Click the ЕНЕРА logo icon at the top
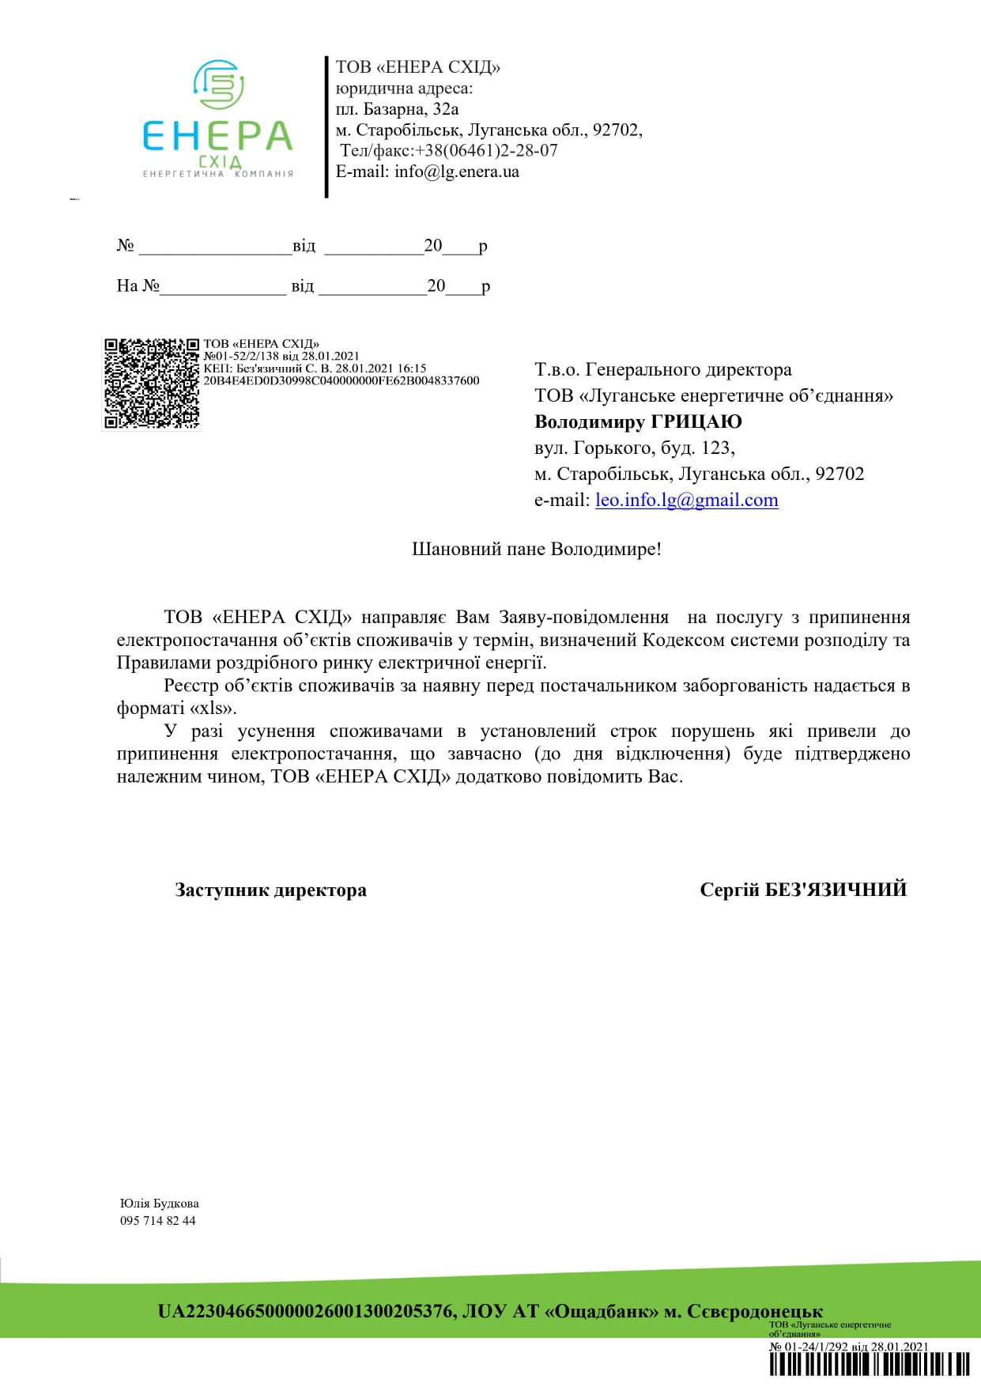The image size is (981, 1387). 219,84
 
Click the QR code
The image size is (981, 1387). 152,384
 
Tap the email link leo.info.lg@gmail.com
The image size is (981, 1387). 686,501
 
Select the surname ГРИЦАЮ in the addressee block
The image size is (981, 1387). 696,421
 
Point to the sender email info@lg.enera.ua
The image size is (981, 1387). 457,172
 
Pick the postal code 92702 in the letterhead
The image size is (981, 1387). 616,130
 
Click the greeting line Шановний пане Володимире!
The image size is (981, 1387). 537,549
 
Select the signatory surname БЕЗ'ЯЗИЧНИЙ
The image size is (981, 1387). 836,890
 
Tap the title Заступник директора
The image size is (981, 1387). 270,890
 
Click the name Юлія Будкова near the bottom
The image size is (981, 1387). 160,1204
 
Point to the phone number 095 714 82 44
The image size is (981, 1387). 158,1221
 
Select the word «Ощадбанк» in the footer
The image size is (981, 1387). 602,1312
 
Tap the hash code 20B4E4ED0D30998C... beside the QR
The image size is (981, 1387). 341,380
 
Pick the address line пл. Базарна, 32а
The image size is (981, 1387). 397,109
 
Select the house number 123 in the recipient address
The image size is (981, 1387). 716,448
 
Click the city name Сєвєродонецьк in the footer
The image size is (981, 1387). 755,1312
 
